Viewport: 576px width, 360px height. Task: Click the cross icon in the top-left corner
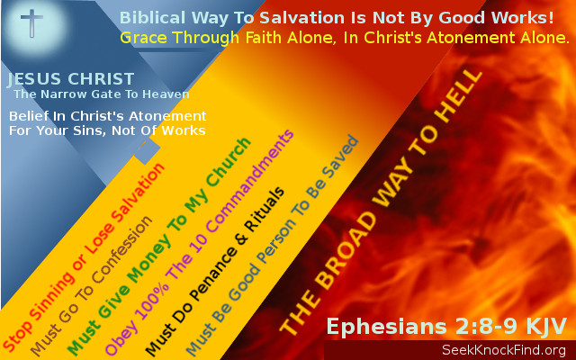31,22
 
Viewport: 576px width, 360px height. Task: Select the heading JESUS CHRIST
71,80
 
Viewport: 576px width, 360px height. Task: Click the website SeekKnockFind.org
503,349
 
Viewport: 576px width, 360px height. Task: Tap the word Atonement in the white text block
161,117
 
